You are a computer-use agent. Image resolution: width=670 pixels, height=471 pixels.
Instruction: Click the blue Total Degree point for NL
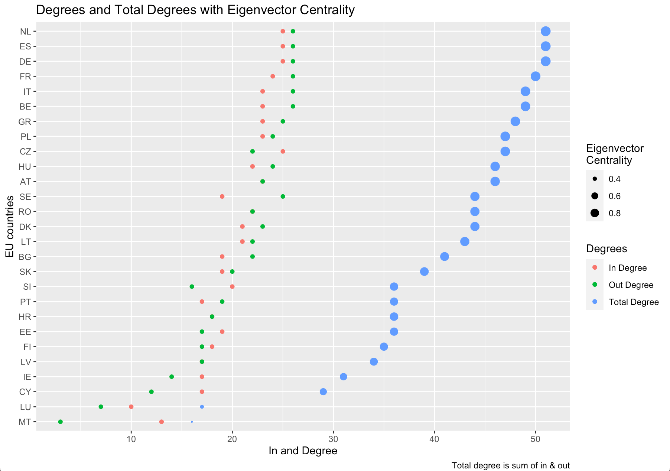click(x=545, y=31)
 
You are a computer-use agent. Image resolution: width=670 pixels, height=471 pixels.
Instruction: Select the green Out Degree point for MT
click(x=61, y=422)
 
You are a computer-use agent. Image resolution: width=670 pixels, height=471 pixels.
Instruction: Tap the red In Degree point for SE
click(x=222, y=196)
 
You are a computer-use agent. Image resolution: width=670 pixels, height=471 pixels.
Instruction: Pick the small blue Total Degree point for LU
click(x=202, y=407)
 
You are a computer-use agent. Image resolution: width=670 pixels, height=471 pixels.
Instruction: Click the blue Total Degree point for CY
click(x=323, y=392)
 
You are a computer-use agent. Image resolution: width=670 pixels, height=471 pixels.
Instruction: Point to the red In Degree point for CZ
click(x=283, y=152)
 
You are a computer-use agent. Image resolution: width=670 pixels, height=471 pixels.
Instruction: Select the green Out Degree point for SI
click(x=192, y=286)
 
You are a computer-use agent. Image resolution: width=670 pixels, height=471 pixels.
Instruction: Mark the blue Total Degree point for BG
click(x=445, y=257)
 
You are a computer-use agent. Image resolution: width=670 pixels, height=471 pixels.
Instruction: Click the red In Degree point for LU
click(x=131, y=407)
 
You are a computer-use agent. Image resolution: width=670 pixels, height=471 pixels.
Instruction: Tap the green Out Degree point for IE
click(x=172, y=377)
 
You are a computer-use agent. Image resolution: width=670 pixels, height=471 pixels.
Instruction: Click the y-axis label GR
click(x=25, y=121)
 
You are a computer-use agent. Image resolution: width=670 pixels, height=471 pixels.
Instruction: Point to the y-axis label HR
click(x=25, y=317)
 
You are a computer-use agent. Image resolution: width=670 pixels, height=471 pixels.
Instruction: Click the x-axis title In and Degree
click(x=303, y=451)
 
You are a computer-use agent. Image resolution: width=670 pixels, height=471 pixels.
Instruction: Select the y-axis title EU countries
click(x=10, y=226)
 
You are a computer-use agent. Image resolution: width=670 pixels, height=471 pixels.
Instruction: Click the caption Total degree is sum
click(x=510, y=465)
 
